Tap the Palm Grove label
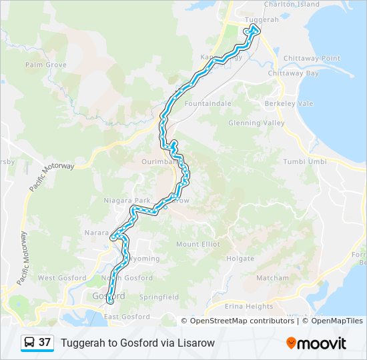[46, 65]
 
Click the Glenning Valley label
[256, 123]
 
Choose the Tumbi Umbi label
[304, 162]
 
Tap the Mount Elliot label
[198, 245]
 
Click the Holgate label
[240, 259]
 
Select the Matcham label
[272, 278]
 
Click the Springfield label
[159, 297]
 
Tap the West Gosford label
[62, 278]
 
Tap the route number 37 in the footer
[45, 343]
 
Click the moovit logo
[316, 343]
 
